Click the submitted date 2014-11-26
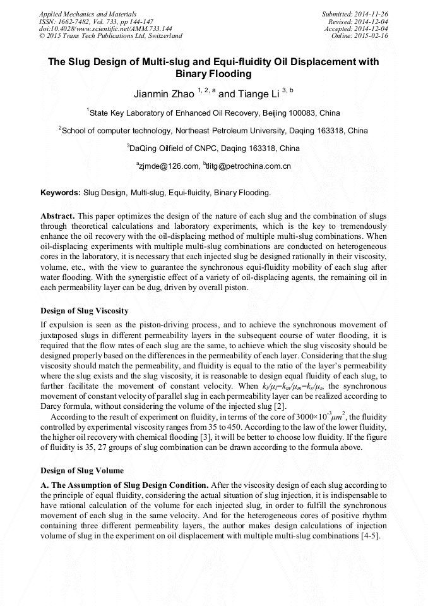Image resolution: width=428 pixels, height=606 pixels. point(370,14)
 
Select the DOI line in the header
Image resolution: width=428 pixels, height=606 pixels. point(105,29)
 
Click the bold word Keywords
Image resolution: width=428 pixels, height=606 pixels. point(61,192)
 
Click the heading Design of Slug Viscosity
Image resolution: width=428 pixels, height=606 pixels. point(85,310)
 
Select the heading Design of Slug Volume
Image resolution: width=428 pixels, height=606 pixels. point(82,471)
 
